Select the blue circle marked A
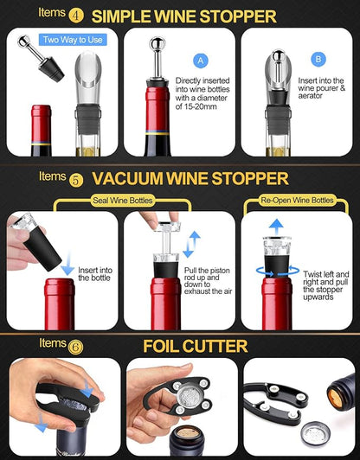point(202,61)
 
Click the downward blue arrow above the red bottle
point(67,268)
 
